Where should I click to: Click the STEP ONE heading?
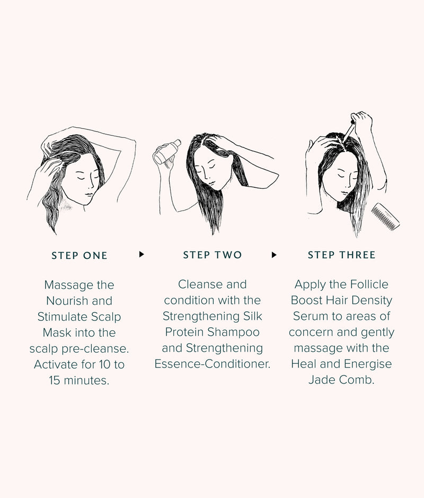click(x=79, y=256)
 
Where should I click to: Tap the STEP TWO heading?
click(x=212, y=255)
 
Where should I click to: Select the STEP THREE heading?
click(x=341, y=255)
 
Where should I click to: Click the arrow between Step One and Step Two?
click(x=142, y=255)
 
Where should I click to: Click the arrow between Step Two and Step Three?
click(x=274, y=255)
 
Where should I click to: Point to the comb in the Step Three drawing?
click(x=385, y=217)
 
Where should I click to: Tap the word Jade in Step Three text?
click(x=323, y=380)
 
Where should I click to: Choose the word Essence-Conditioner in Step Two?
click(x=212, y=364)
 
